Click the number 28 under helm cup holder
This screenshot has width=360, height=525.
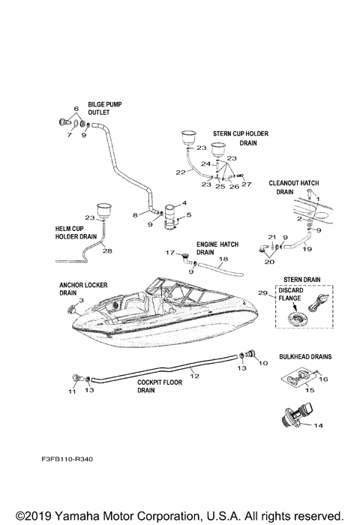coord(106,250)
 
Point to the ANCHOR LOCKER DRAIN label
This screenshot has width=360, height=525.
coord(78,290)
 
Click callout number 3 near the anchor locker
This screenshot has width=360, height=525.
coord(80,300)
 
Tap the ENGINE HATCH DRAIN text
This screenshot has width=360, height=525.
coord(214,248)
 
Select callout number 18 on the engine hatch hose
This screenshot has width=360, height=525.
coord(223,259)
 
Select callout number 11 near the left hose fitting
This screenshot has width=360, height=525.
coord(73,391)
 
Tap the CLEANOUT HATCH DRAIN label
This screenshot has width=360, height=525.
coord(298,187)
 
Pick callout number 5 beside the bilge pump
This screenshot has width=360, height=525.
coord(188,214)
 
